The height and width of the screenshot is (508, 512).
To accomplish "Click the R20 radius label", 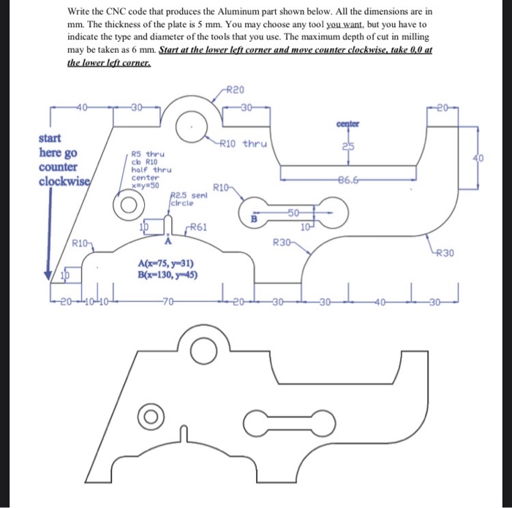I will [x=234, y=90].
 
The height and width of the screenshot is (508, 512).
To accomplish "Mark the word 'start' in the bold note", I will [x=50, y=137].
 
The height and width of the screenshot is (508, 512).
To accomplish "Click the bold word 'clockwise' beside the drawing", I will [x=64, y=181].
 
